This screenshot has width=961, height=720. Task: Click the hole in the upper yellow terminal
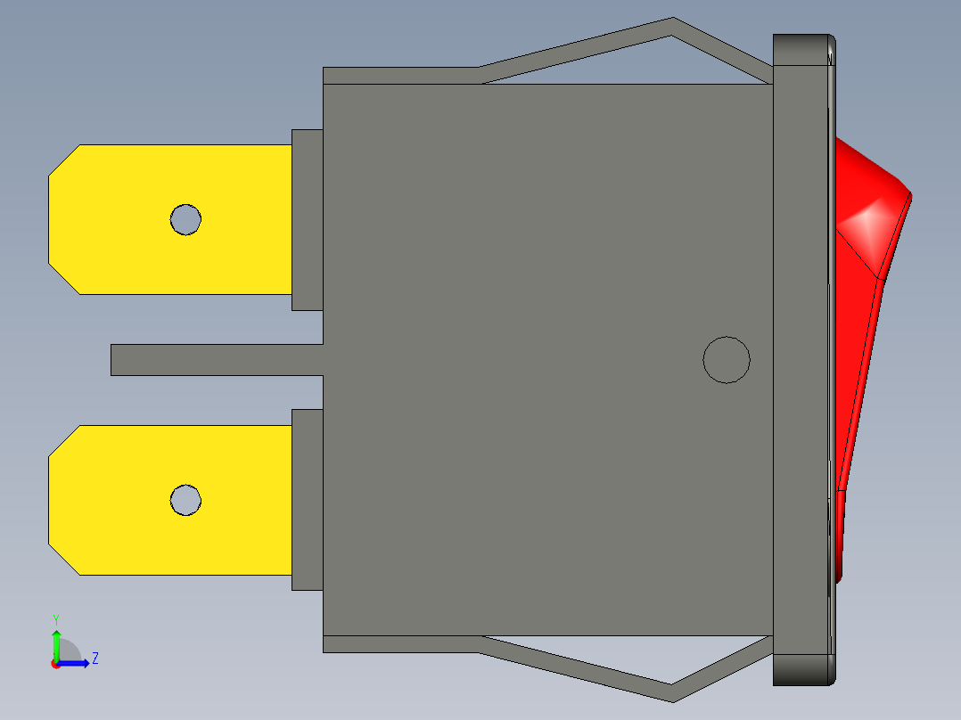click(186, 219)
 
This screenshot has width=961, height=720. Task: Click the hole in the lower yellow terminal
click(186, 500)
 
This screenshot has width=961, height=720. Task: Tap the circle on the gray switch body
click(727, 360)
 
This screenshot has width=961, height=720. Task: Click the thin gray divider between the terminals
click(214, 359)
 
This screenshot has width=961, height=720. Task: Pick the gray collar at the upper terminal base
click(307, 219)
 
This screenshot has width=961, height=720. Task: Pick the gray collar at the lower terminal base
click(307, 500)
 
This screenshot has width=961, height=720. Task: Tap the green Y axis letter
click(55, 618)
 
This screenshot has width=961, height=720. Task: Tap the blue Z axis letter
click(94, 659)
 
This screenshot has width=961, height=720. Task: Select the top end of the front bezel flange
click(802, 49)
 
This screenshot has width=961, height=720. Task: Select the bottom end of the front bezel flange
click(802, 670)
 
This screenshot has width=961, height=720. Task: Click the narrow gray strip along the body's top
click(401, 76)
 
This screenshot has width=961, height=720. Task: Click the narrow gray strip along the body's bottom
click(401, 643)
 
